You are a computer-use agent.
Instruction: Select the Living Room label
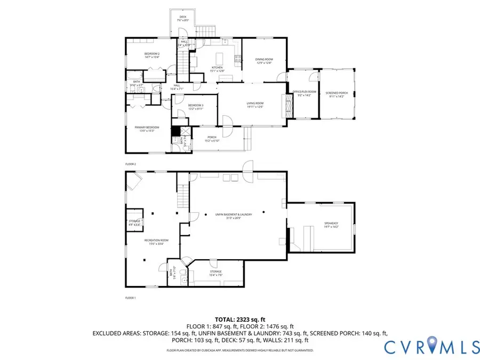coord(255,105)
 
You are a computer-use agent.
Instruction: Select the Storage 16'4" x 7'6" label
coord(215,273)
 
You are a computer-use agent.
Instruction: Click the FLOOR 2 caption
coord(131,164)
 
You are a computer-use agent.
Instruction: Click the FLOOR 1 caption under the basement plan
coord(131,298)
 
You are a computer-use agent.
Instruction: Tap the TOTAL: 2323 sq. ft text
coord(239,319)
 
